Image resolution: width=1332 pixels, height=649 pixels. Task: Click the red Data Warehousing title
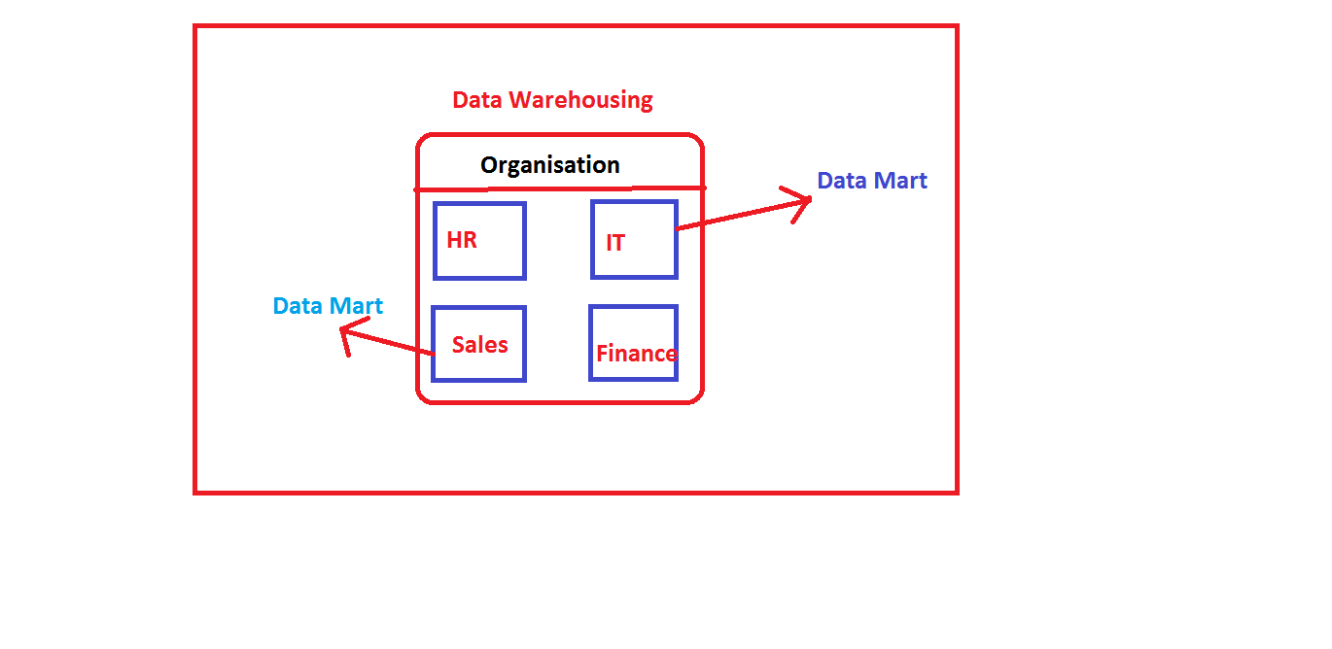click(x=552, y=99)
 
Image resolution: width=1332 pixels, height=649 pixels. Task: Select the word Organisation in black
click(x=549, y=165)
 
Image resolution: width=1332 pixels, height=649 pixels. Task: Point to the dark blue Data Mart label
click(x=871, y=181)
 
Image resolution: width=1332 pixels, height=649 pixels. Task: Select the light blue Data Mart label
click(x=328, y=306)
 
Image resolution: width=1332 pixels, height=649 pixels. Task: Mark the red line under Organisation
click(x=559, y=188)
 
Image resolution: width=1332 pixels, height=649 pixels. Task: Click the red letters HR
click(x=462, y=240)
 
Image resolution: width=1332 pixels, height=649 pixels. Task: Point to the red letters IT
click(x=615, y=243)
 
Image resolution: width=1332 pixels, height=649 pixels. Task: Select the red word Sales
click(x=479, y=345)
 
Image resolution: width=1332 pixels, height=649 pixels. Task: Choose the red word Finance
click(x=636, y=354)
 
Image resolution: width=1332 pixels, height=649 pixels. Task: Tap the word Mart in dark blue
click(x=899, y=181)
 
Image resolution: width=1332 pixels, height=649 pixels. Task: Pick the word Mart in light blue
click(x=355, y=306)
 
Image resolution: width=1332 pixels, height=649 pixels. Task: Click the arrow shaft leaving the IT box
click(x=739, y=215)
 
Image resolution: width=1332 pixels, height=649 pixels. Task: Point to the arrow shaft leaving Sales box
click(x=389, y=343)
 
